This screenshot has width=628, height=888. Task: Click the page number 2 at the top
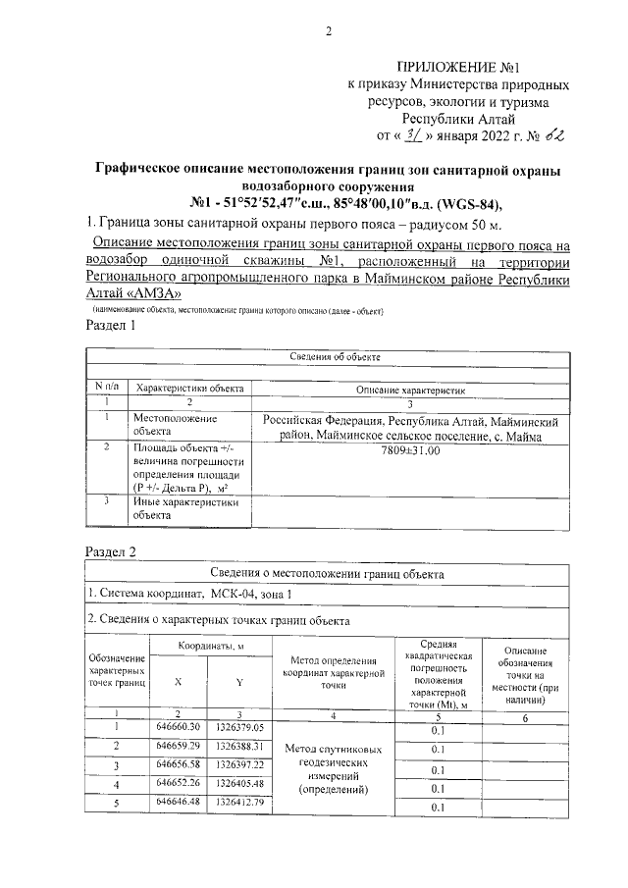tap(330, 31)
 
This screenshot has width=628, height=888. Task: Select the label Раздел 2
tap(112, 552)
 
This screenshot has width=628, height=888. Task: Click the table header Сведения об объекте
tap(328, 356)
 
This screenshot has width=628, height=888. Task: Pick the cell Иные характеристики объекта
tap(185, 507)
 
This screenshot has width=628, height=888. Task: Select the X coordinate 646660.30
tap(178, 726)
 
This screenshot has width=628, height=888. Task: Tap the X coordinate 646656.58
tap(178, 763)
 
